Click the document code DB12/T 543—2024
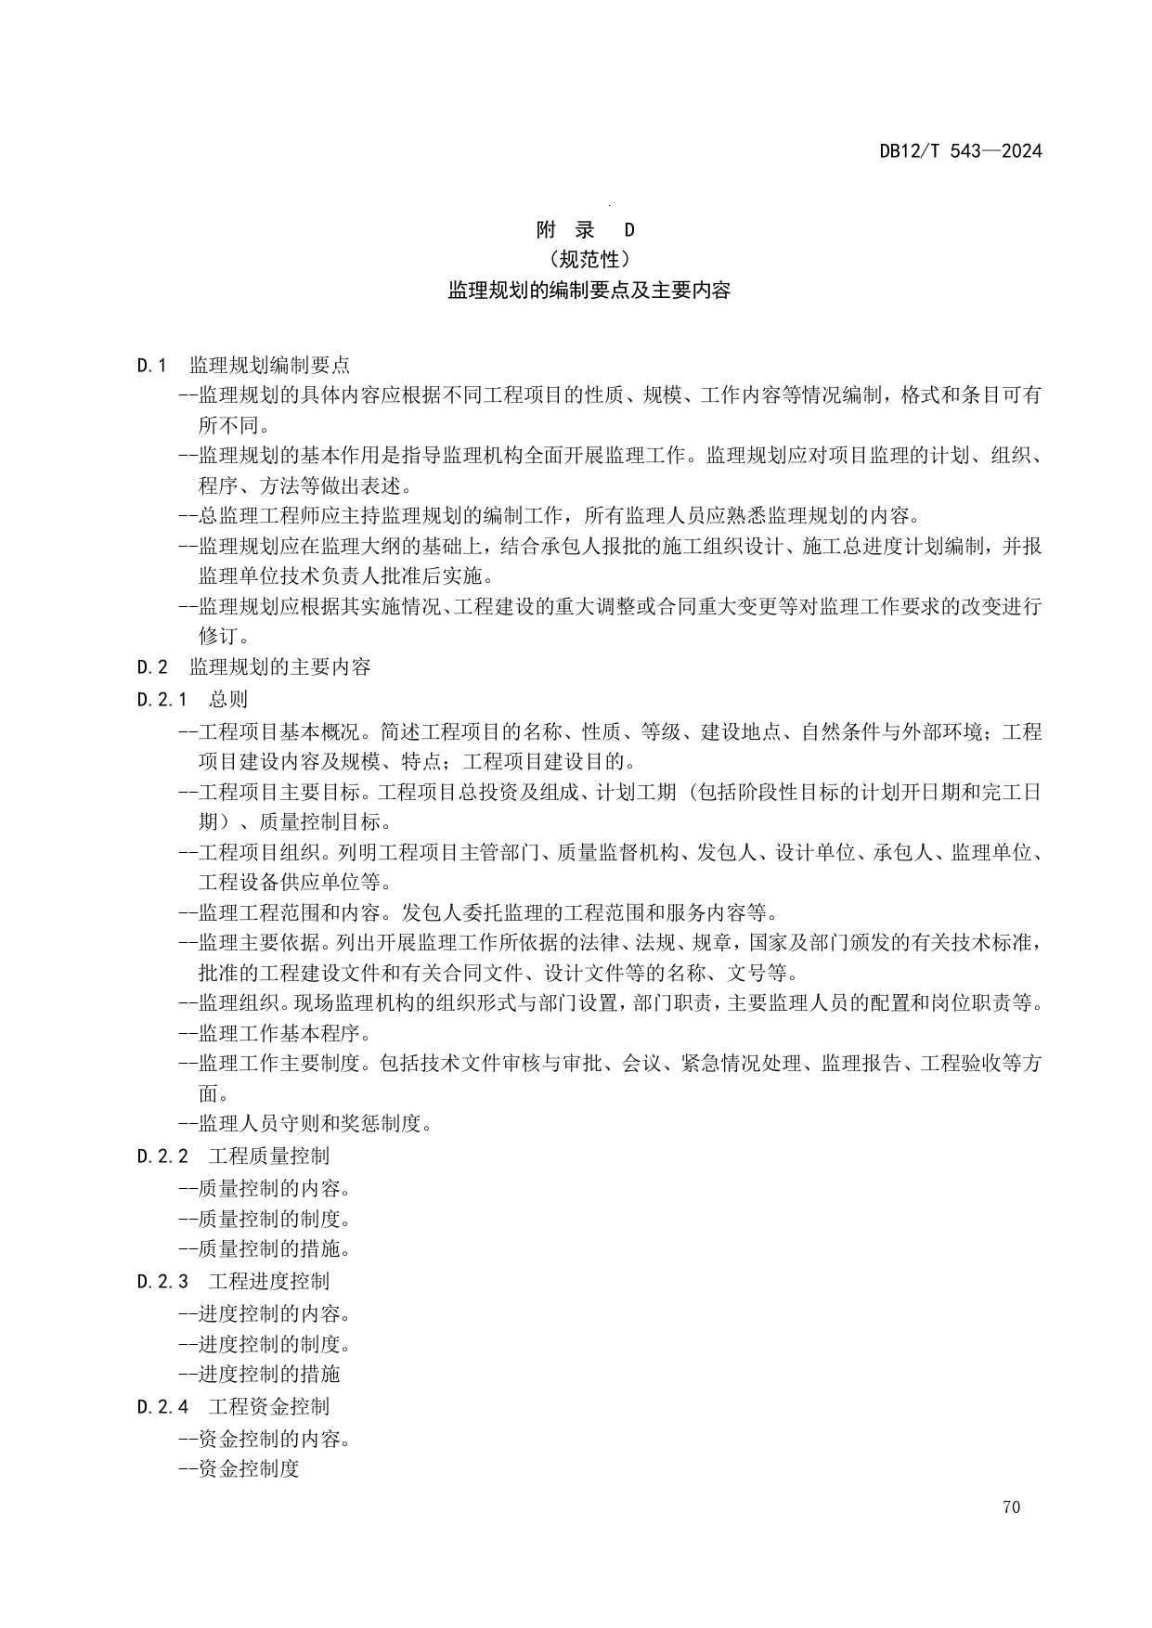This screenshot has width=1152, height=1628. pyautogui.click(x=961, y=151)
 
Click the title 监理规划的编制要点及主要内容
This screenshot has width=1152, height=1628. pyautogui.click(x=589, y=291)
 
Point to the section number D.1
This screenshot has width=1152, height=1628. pyautogui.click(x=151, y=366)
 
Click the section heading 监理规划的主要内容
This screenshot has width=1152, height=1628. pyautogui.click(x=279, y=667)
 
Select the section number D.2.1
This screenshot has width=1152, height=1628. pyautogui.click(x=162, y=700)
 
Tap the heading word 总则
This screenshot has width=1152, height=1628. pyautogui.click(x=228, y=700)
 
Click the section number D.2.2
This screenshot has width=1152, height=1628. pyautogui.click(x=162, y=1156)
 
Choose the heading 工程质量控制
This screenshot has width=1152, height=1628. pyautogui.click(x=268, y=1156)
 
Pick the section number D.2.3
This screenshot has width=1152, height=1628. pyautogui.click(x=162, y=1282)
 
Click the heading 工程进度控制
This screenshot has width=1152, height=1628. pyautogui.click(x=268, y=1282)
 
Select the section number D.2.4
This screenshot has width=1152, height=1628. pyautogui.click(x=162, y=1407)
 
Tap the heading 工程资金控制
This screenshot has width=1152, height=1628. pyautogui.click(x=268, y=1407)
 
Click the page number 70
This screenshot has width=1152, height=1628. pyautogui.click(x=1011, y=1507)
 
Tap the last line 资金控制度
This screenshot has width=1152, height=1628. pyautogui.click(x=247, y=1469)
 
